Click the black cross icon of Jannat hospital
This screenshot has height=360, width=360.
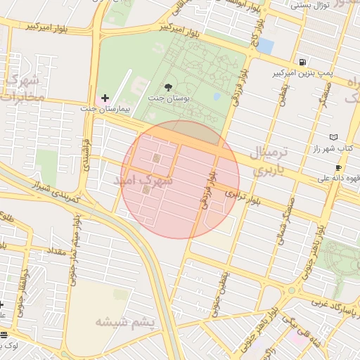click(105, 97)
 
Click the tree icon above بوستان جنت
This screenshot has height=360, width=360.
click(167, 87)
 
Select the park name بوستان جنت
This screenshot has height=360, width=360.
click(167, 99)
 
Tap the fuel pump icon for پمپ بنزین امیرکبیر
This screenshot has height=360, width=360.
click(302, 62)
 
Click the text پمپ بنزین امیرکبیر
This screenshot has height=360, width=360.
click(302, 73)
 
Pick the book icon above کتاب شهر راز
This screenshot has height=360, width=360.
click(333, 136)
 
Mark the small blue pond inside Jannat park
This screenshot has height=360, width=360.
click(217, 96)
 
